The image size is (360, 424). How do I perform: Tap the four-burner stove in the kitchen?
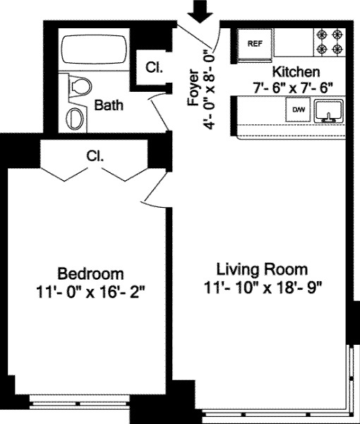coord(329,41)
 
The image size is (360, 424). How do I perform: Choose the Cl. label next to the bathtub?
coord(153,68)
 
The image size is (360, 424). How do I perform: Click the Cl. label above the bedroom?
coord(95,155)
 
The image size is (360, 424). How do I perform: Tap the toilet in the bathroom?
coord(80,87)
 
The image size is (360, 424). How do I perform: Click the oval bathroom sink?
coord(74,117)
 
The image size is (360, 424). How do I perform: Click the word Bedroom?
coord(90,273)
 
